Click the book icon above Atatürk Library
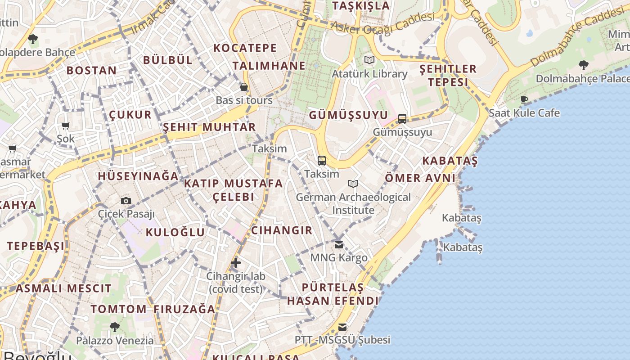tap(369, 60)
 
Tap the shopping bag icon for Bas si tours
tap(244, 87)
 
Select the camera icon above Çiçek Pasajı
tap(126, 201)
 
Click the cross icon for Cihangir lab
tap(236, 263)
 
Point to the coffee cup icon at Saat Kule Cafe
tap(524, 99)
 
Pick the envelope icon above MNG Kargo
tap(339, 245)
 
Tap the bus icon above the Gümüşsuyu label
tap(402, 119)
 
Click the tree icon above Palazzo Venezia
tap(115, 327)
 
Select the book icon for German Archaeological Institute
tap(353, 184)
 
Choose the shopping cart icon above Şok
tap(66, 126)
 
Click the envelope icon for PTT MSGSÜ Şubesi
tap(342, 327)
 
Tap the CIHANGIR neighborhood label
tap(282, 230)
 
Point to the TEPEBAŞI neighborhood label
tap(36, 246)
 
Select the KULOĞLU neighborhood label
tap(175, 232)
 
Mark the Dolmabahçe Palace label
tap(582, 79)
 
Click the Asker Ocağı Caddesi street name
tap(382, 22)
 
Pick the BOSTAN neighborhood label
tap(92, 70)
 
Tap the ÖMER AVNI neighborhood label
tap(420, 178)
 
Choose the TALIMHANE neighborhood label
tap(269, 66)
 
